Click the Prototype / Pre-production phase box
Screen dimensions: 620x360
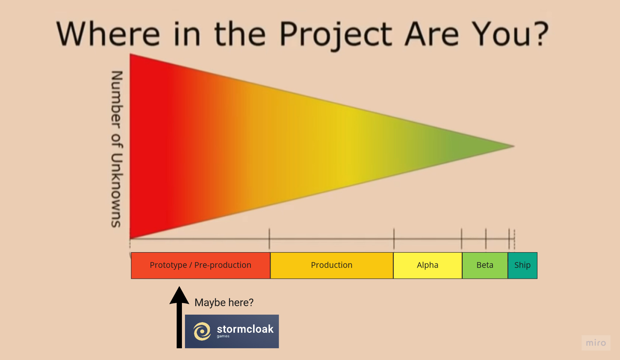point(200,265)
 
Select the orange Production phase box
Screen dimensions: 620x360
point(332,265)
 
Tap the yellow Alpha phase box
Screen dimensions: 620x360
point(427,265)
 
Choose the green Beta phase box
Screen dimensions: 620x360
point(485,265)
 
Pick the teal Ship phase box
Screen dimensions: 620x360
point(522,265)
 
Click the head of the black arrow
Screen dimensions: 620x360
point(179,296)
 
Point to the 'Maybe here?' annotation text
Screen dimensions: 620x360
point(224,303)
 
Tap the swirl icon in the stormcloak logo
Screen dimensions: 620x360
point(202,331)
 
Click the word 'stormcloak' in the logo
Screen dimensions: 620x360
point(245,329)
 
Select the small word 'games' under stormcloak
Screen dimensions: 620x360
point(223,336)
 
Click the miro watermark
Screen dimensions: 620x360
point(596,343)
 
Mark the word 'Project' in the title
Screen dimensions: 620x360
point(336,35)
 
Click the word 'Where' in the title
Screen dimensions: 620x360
point(108,34)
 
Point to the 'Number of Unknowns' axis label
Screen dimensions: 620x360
point(117,149)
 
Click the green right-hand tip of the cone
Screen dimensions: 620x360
point(514,146)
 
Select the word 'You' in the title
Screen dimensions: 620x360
point(502,34)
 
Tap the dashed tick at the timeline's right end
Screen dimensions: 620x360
point(514,239)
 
